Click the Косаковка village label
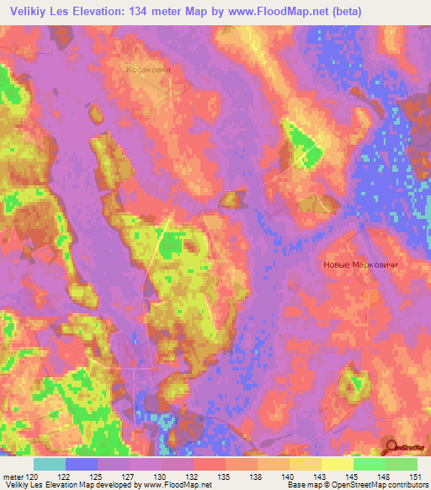click(148, 71)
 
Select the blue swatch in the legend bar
click(82, 464)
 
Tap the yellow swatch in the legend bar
click(337, 464)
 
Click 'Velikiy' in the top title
click(30, 12)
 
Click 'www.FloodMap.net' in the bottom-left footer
click(176, 486)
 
